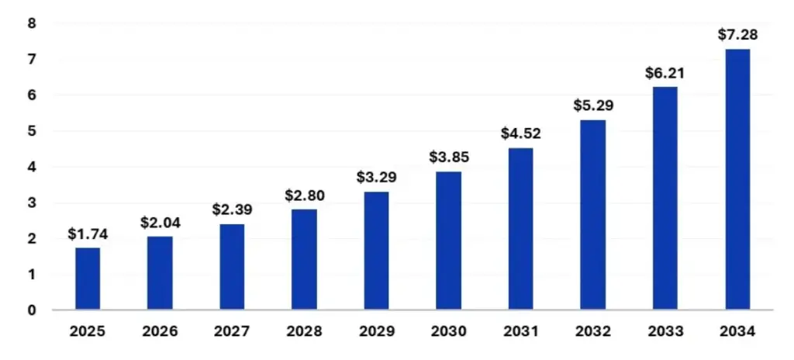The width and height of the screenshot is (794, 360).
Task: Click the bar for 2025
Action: pos(88,279)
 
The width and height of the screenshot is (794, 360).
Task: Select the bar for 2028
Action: pos(304,259)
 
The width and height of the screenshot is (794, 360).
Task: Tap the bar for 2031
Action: pos(520,229)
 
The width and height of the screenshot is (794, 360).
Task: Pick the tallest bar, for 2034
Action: pos(737,179)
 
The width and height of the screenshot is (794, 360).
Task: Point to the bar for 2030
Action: pos(448,241)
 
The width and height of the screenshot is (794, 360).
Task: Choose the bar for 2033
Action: pos(665,198)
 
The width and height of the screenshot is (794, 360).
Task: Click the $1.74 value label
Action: pos(88,234)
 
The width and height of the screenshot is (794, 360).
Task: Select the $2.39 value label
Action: pos(232,210)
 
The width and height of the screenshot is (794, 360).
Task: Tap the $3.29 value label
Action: pos(376,178)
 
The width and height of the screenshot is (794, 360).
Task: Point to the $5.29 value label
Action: pos(592,106)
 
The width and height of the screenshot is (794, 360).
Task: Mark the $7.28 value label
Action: pos(737,35)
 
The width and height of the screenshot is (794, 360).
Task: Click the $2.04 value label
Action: pos(160,223)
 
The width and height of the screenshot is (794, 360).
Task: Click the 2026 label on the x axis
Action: pos(160,331)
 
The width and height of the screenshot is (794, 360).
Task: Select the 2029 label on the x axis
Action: pos(376,331)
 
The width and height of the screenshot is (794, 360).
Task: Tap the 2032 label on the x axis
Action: pos(592,331)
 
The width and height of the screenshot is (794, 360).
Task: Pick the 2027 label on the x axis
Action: pos(232,331)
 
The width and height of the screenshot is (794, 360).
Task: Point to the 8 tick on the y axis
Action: pos(32,23)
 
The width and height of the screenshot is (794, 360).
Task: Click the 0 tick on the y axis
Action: pos(32,310)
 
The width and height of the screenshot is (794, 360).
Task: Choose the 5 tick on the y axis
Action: pos(32,131)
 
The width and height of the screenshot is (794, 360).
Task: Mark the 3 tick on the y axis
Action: pos(32,203)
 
